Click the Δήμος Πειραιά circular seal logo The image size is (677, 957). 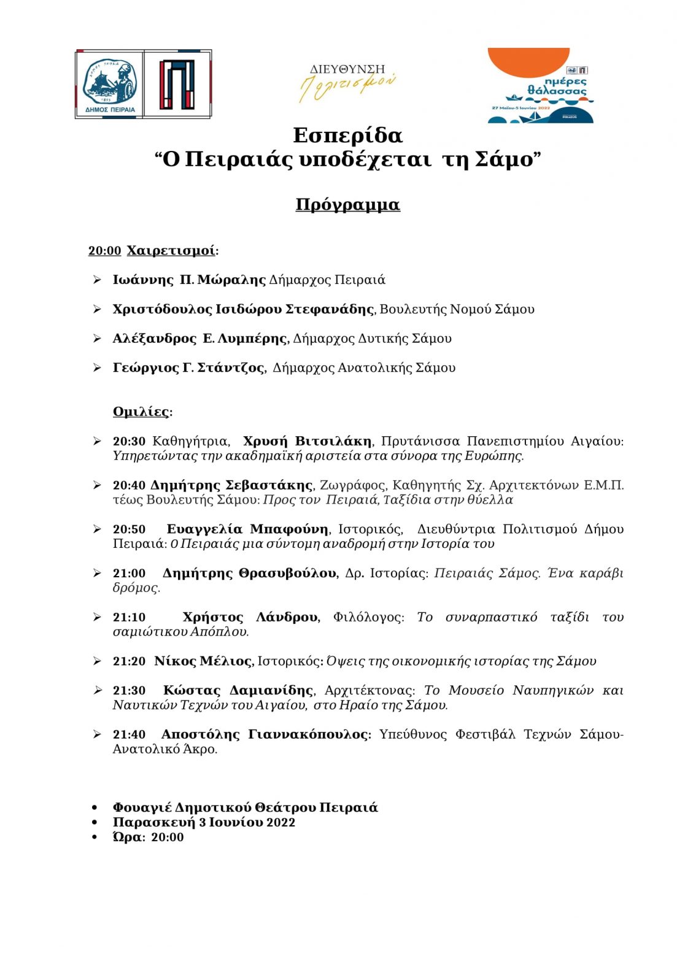[109, 84]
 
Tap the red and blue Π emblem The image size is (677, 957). [177, 84]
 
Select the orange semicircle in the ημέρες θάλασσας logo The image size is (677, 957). [528, 61]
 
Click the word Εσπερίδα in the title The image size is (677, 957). [347, 135]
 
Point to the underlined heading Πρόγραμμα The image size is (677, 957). [347, 204]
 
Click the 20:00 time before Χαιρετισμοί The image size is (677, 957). [104, 251]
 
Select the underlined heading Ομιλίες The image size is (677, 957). [141, 412]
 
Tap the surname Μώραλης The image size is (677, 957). [240, 280]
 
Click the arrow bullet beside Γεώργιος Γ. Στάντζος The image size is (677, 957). [97, 368]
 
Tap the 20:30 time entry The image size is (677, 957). [129, 442]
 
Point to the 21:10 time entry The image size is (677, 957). [129, 617]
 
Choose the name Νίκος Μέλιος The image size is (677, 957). [203, 661]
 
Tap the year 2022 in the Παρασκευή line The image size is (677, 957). [281, 823]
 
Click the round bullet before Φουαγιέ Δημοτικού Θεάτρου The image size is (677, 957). [95, 808]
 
